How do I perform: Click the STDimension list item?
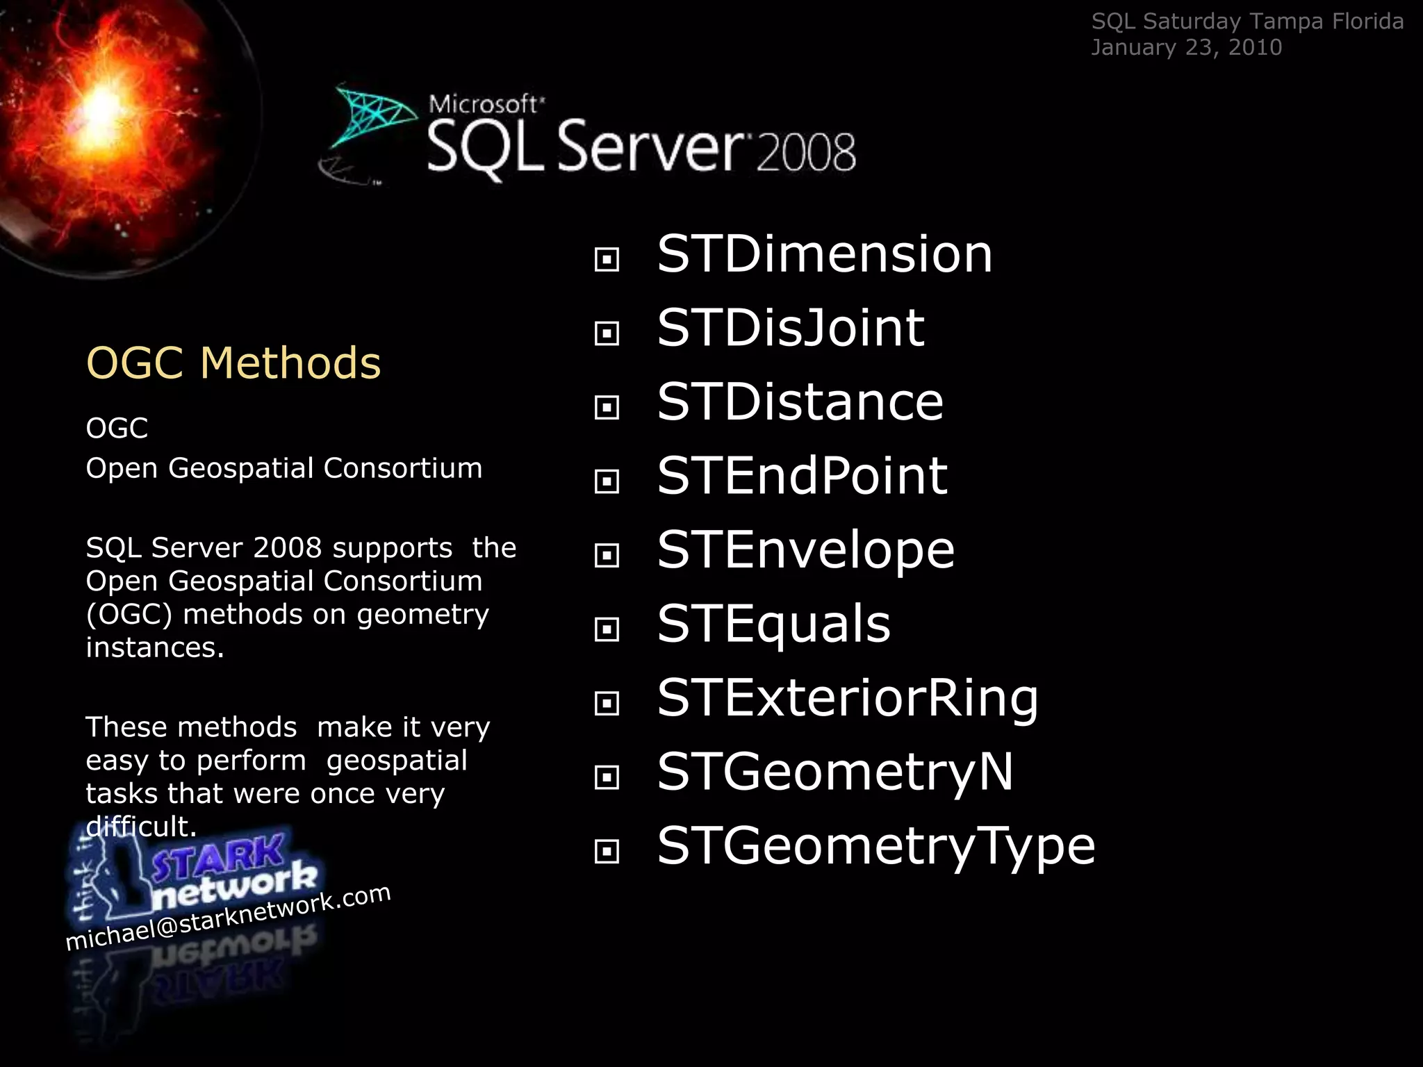(825, 254)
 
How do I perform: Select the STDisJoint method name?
(791, 328)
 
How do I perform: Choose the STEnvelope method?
(806, 550)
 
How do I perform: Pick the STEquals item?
(773, 624)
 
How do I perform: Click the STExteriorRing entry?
(848, 698)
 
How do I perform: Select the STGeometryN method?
(835, 772)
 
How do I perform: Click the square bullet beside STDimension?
(607, 260)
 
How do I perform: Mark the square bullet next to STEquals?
(607, 629)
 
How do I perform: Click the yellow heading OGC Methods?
(233, 363)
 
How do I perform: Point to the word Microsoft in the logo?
(484, 104)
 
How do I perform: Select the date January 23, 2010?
(1186, 47)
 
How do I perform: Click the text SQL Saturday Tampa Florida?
(1247, 22)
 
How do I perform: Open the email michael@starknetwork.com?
(228, 917)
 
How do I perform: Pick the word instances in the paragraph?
(155, 647)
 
